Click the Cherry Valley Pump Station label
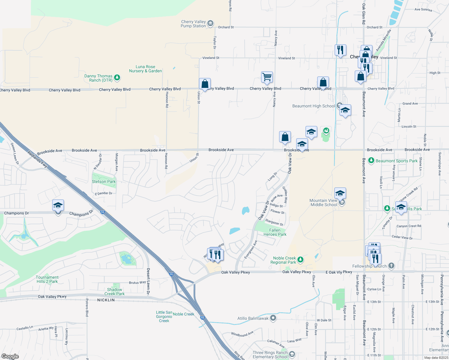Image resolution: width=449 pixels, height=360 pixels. [193, 24]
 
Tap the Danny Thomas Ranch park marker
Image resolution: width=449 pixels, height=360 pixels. [117, 78]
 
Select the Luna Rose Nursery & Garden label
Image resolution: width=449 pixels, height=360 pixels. [146, 69]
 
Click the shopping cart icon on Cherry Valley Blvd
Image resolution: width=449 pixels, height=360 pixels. [267, 77]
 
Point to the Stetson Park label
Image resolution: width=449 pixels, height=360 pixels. [104, 181]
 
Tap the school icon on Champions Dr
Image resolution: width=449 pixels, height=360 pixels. [58, 205]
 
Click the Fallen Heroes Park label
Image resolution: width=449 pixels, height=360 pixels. [275, 232]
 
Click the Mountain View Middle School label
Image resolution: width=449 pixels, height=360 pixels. [324, 203]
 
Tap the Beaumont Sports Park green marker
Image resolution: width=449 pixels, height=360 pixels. [371, 160]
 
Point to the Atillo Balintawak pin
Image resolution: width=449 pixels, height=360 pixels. [273, 318]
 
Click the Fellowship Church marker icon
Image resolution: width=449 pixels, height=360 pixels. [391, 265]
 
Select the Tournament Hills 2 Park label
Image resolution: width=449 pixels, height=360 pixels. [47, 279]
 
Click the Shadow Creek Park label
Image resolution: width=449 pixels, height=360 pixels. [114, 292]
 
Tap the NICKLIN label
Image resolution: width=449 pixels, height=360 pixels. [106, 300]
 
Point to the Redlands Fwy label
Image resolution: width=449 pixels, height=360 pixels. [38, 159]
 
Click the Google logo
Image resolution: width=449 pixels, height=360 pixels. [10, 356]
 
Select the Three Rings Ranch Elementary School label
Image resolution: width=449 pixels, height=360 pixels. [270, 355]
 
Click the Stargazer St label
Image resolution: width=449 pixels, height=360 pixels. [274, 222]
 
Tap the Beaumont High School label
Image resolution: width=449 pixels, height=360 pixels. [313, 106]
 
